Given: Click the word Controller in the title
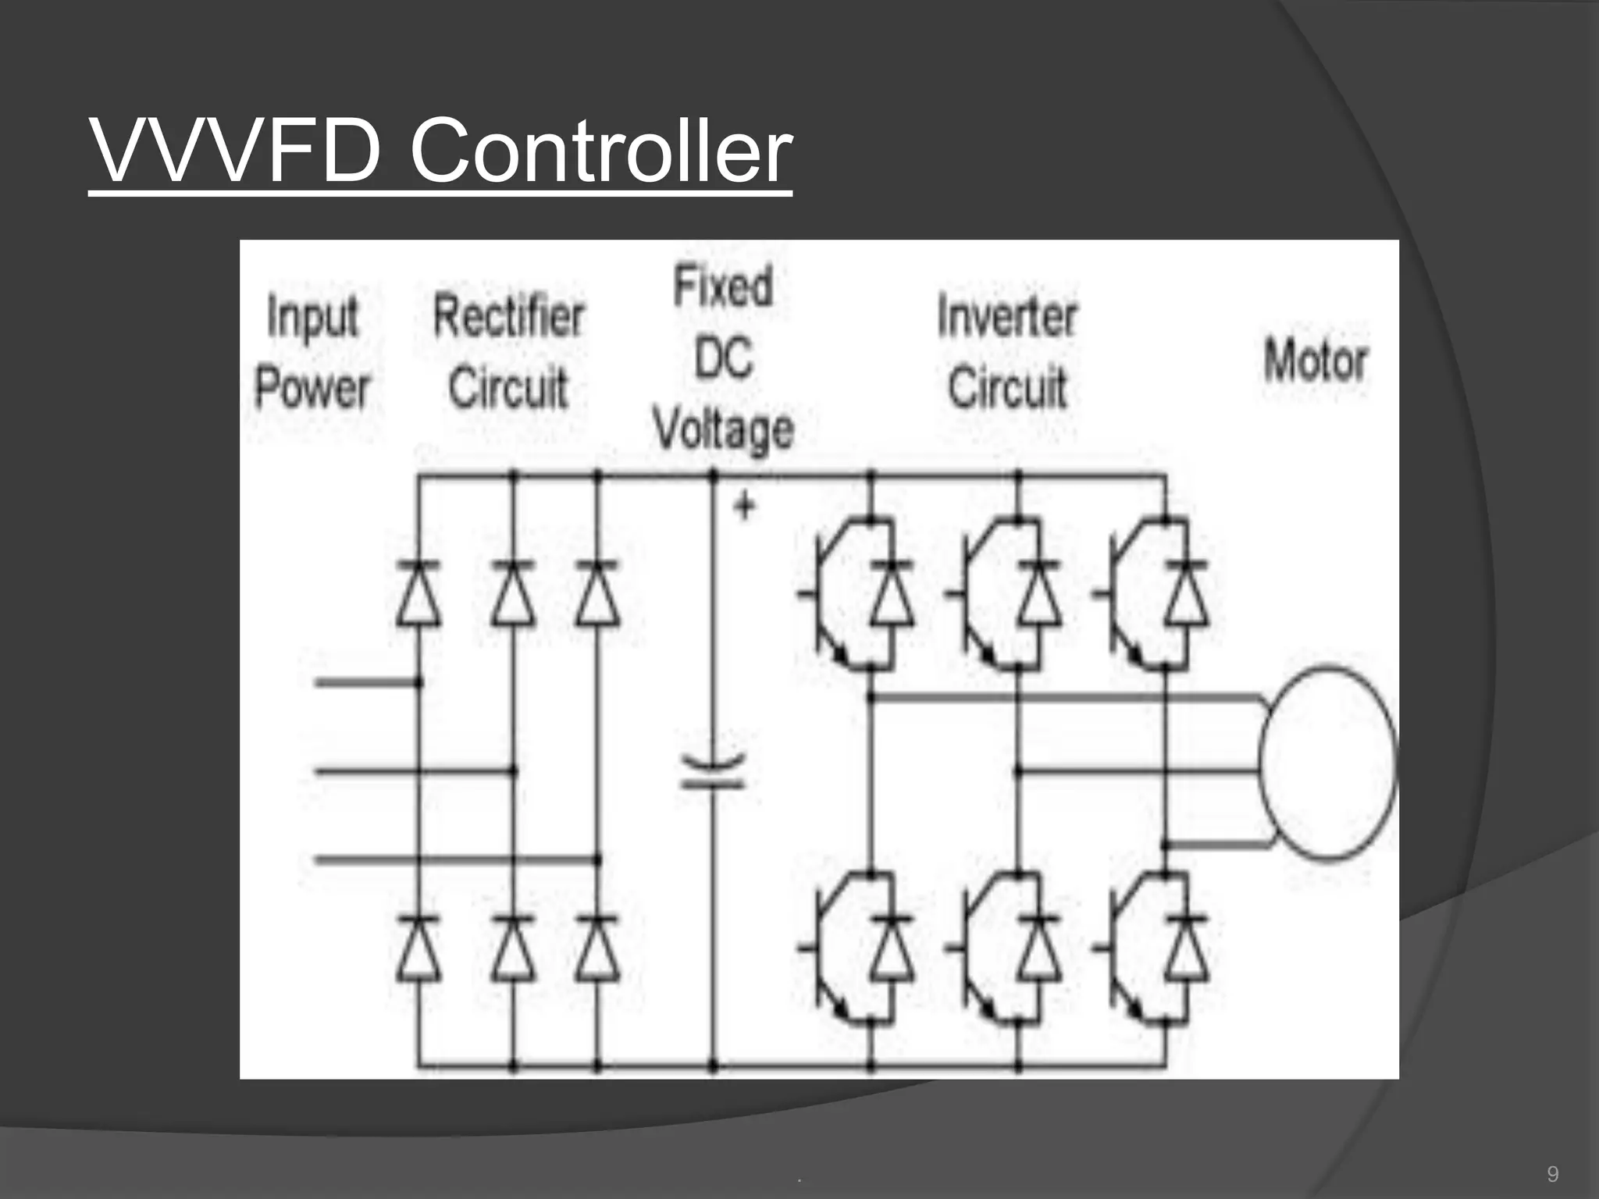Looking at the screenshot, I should [600, 150].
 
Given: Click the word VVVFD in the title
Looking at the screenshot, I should [235, 150].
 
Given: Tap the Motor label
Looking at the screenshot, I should [1316, 361].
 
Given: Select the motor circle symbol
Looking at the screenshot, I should [1327, 762].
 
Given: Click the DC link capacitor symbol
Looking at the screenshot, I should [713, 771].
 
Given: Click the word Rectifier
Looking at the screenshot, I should [508, 317].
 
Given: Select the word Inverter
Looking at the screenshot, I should [1006, 317].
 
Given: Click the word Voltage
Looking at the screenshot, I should [723, 429].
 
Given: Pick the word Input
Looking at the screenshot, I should [312, 318].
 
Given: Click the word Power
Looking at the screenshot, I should [312, 388].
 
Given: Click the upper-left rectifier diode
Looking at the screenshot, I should [418, 593].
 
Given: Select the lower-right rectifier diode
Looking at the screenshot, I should [597, 948].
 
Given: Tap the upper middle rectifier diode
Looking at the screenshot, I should [513, 593].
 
